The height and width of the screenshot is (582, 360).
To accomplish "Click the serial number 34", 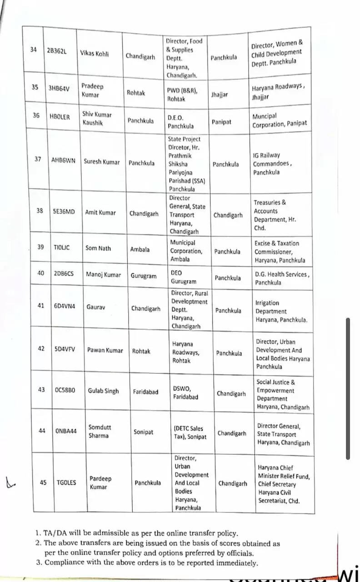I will click(x=33, y=50).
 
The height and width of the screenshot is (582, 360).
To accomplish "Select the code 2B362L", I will click(x=56, y=51).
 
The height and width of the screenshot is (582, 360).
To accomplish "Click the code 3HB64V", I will click(x=58, y=88).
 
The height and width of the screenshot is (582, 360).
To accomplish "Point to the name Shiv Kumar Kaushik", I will click(x=97, y=118).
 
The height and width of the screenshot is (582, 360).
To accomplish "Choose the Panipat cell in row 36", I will click(x=221, y=122).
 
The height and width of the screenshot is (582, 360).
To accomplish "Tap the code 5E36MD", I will click(x=64, y=212).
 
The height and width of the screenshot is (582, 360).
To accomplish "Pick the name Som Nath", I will click(x=98, y=248).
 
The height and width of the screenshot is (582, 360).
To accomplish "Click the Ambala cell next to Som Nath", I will click(x=140, y=249).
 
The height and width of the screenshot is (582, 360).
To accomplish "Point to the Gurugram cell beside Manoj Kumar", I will click(x=143, y=276).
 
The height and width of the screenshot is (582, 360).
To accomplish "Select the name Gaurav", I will click(x=96, y=307).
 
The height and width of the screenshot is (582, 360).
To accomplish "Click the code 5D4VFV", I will click(x=65, y=350).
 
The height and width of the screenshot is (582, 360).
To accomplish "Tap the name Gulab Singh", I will click(x=103, y=391).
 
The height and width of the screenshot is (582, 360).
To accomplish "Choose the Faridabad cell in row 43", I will click(x=145, y=391).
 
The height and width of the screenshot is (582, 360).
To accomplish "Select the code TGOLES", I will click(x=66, y=483).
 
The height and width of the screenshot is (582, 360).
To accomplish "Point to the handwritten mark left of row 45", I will click(x=10, y=481).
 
